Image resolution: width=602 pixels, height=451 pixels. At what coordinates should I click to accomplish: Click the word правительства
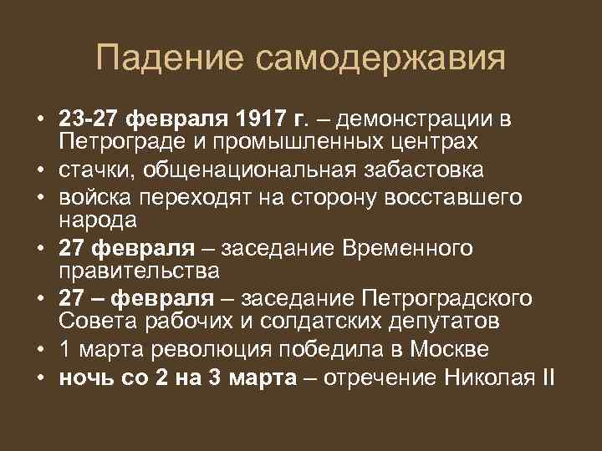pyautogui.click(x=139, y=271)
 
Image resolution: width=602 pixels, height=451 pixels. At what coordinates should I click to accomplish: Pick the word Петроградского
pyautogui.click(x=439, y=299)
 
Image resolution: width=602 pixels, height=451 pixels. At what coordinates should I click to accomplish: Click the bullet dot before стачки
pyautogui.click(x=40, y=170)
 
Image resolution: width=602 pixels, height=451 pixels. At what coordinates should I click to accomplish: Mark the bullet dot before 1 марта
pyautogui.click(x=40, y=349)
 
